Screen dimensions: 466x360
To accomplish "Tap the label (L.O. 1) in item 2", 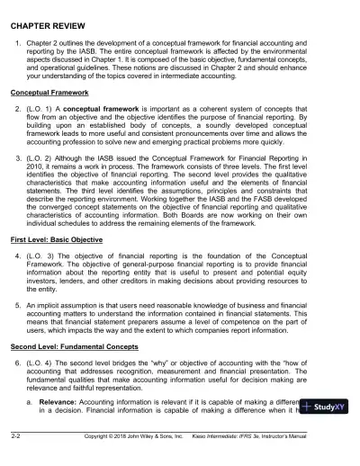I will (x=57, y=108).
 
